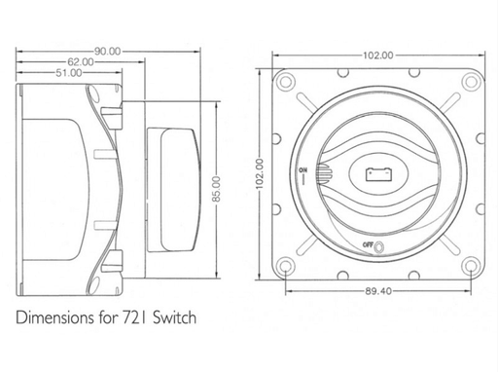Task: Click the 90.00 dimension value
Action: (x=108, y=52)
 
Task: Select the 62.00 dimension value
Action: (x=81, y=61)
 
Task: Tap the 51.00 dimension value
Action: (x=69, y=73)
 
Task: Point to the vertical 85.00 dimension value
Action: (x=217, y=189)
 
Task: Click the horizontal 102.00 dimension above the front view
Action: (x=378, y=56)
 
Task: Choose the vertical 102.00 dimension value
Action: (x=260, y=173)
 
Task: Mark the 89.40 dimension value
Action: (x=378, y=291)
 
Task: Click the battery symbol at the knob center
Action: (x=378, y=174)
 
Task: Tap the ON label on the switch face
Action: (x=303, y=169)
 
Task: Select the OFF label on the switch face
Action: (x=368, y=244)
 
